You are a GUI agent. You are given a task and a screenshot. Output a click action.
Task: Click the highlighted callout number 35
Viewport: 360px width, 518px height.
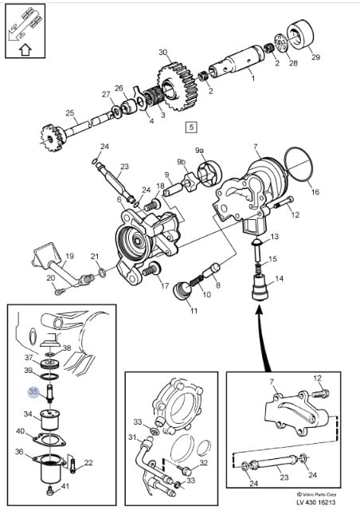33,392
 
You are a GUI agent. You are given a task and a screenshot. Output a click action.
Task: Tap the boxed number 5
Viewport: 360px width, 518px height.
192,128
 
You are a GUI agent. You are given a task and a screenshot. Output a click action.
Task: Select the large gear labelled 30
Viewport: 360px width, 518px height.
175,87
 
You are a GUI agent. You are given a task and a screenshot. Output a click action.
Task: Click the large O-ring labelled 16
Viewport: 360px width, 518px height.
298,164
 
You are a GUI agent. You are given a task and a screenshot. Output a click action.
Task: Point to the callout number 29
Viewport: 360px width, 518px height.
316,57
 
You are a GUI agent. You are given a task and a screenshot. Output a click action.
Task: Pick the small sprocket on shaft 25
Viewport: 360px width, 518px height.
51,138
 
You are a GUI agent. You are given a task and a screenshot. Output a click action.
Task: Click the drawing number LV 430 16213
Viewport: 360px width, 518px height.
315,503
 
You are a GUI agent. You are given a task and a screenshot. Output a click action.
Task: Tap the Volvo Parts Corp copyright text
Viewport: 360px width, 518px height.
316,495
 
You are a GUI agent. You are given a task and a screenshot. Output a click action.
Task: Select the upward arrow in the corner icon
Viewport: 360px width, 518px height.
25,50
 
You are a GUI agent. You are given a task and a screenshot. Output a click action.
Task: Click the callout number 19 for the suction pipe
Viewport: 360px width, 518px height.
70,256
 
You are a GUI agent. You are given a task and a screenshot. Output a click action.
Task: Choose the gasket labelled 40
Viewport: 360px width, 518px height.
49,439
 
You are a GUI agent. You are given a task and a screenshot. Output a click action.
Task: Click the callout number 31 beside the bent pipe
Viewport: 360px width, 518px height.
132,438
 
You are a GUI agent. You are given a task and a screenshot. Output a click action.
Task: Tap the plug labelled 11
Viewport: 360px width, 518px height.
182,291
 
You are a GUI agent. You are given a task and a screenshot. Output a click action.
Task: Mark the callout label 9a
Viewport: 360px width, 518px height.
199,151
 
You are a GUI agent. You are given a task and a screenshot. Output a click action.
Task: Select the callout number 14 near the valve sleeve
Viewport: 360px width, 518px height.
279,279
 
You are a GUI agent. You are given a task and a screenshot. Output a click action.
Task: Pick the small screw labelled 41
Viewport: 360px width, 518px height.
50,491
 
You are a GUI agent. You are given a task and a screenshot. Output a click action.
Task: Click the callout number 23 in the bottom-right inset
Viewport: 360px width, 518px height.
284,477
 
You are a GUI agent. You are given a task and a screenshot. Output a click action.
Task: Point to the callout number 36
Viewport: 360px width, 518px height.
19,451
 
